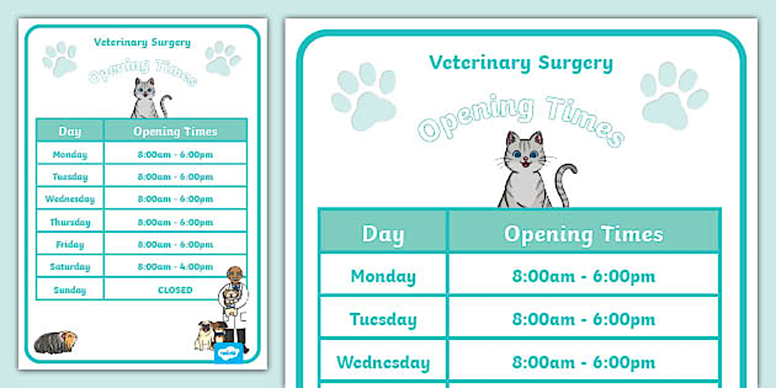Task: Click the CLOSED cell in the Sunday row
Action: point(175,289)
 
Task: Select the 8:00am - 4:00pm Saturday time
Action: point(175,267)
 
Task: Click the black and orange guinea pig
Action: point(55,341)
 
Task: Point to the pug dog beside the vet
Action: point(206,335)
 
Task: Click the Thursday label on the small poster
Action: point(70,222)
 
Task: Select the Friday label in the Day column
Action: point(70,245)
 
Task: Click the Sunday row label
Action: point(70,289)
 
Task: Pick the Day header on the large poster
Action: point(383,234)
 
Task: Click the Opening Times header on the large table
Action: point(583,234)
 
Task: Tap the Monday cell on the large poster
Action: point(383,276)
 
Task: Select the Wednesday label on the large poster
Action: point(383,362)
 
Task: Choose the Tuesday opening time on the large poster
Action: point(583,319)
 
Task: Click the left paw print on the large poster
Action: point(365,99)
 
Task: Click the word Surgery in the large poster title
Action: point(575,63)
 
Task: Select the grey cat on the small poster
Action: point(145,99)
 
